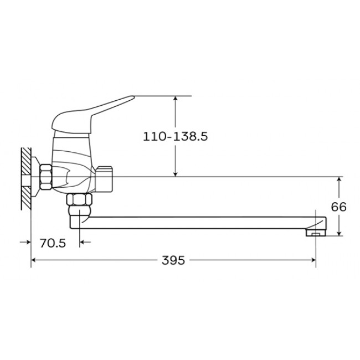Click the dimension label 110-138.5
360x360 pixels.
176,136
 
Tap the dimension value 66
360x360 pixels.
338,207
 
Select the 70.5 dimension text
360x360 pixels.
53,243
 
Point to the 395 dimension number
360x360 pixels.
173,260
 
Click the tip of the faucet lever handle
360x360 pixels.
133,97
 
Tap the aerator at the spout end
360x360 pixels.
316,233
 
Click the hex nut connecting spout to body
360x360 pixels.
79,199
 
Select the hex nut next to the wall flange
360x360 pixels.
45,177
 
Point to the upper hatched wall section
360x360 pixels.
26,161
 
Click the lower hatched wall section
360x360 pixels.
26,198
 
